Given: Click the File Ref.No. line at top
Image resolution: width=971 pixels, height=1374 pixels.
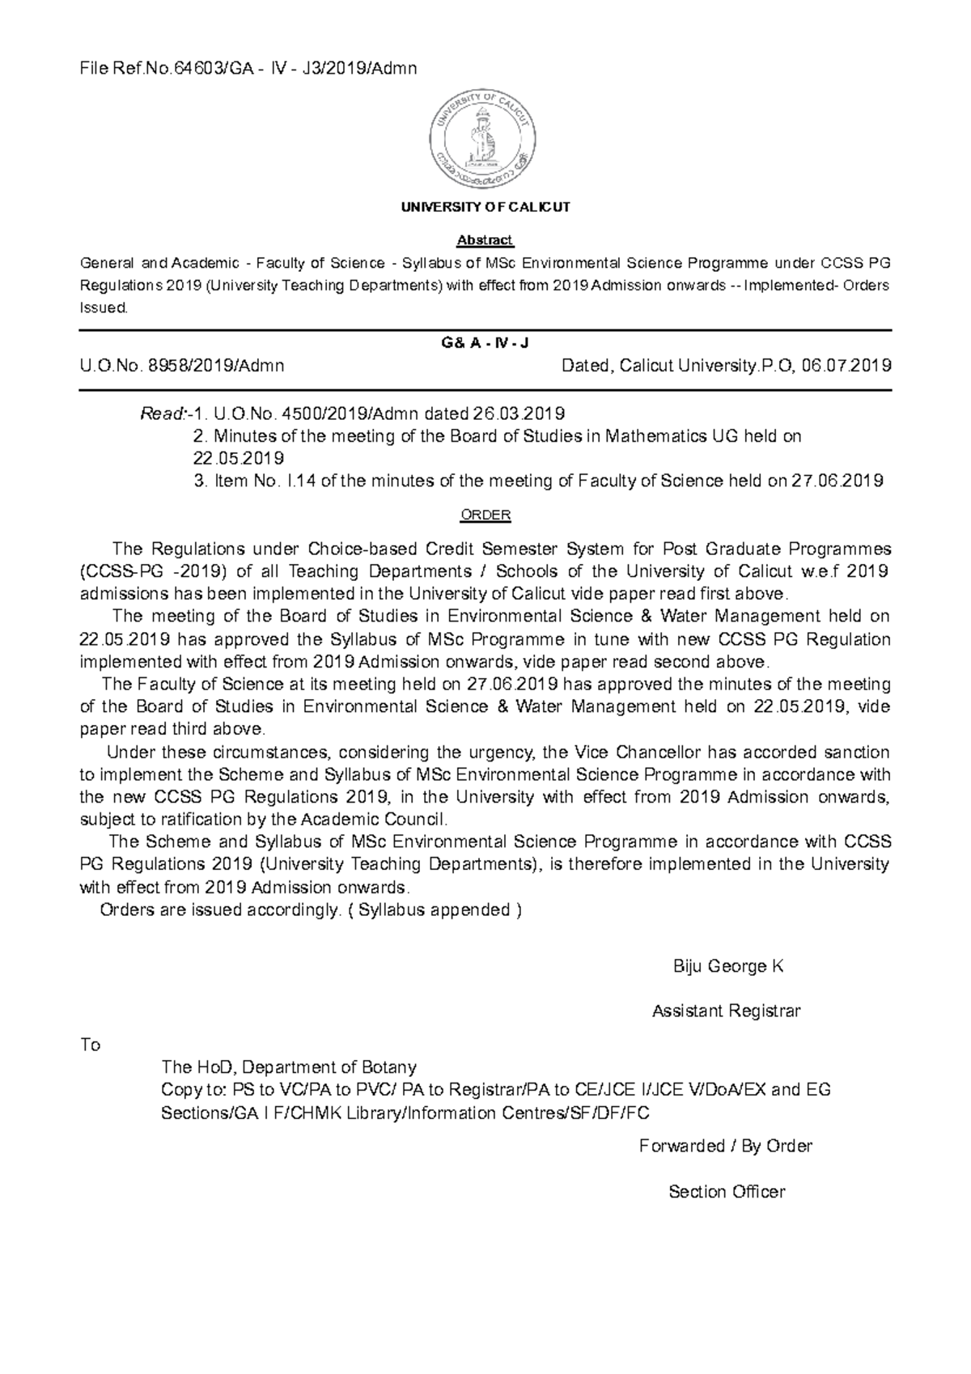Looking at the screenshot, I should point(248,68).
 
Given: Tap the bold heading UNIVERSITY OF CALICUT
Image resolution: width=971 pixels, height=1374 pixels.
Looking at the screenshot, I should point(485,207).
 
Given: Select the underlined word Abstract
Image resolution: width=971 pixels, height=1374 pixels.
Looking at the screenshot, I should point(485,240).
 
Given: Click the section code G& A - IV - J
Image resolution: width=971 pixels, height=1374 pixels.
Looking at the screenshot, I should point(485,343).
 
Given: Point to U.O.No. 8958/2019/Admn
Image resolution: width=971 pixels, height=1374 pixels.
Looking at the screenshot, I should point(181,366).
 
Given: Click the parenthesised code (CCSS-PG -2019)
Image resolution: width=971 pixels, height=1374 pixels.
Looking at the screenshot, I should point(150,571).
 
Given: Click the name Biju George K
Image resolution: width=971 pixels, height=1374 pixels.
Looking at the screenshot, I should point(727,966).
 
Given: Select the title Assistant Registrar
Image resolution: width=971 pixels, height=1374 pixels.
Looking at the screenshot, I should point(726,1011).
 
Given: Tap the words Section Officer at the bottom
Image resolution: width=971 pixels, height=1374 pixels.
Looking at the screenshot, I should point(726,1191).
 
